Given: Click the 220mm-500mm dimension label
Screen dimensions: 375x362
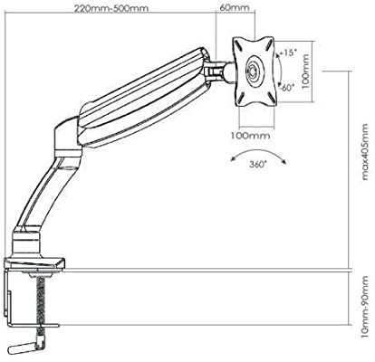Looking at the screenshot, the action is [x=111, y=8].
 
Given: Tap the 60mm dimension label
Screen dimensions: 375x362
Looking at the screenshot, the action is [x=235, y=7].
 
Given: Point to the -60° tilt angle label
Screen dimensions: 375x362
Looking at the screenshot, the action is [x=286, y=88].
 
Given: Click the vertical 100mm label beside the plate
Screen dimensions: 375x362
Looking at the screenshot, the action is [x=305, y=71].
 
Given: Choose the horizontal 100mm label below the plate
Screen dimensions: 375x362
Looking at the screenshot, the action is [x=250, y=136].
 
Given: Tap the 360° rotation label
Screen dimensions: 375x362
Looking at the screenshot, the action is [x=258, y=165].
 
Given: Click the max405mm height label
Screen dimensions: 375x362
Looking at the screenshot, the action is [x=365, y=152].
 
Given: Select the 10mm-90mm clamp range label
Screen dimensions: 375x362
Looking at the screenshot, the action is [x=365, y=307].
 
